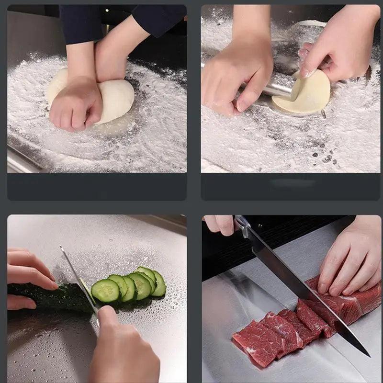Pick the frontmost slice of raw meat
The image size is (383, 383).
(x=256, y=342)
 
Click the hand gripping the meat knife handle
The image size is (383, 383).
(x=220, y=224)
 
